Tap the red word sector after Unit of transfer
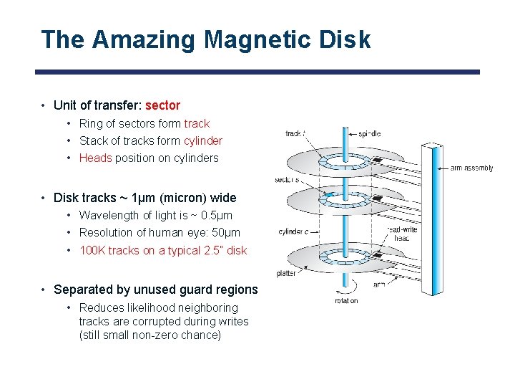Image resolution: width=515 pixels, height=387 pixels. click(x=162, y=105)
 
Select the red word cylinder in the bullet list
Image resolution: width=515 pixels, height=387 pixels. click(x=202, y=140)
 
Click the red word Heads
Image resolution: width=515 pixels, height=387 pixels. click(x=95, y=158)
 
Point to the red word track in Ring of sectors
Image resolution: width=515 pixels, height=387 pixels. click(x=197, y=123)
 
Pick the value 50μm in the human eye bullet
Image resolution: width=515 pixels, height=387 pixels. click(x=226, y=232)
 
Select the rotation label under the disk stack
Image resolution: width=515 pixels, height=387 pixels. click(x=346, y=300)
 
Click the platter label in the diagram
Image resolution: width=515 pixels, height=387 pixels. click(x=286, y=274)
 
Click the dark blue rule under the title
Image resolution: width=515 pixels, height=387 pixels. click(x=257, y=72)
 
